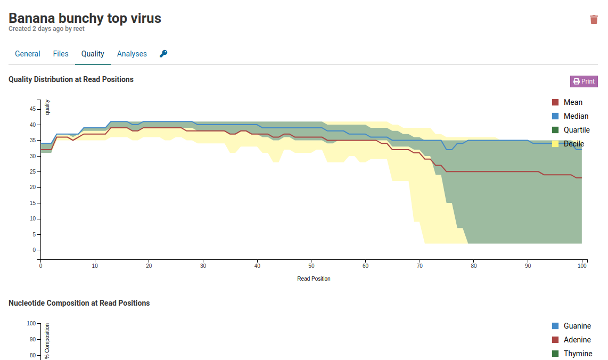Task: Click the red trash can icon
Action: pos(594,20)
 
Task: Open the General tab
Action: pos(28,54)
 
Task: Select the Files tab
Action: pos(61,54)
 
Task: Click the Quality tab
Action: pos(93,54)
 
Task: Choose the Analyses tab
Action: pos(132,54)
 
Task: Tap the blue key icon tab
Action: pos(163,54)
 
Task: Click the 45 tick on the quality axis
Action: pos(32,109)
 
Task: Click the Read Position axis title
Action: pos(314,279)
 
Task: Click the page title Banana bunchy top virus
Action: pos(85,18)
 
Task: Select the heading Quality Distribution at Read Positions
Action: pos(71,79)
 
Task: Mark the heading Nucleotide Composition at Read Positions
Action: pos(79,303)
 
